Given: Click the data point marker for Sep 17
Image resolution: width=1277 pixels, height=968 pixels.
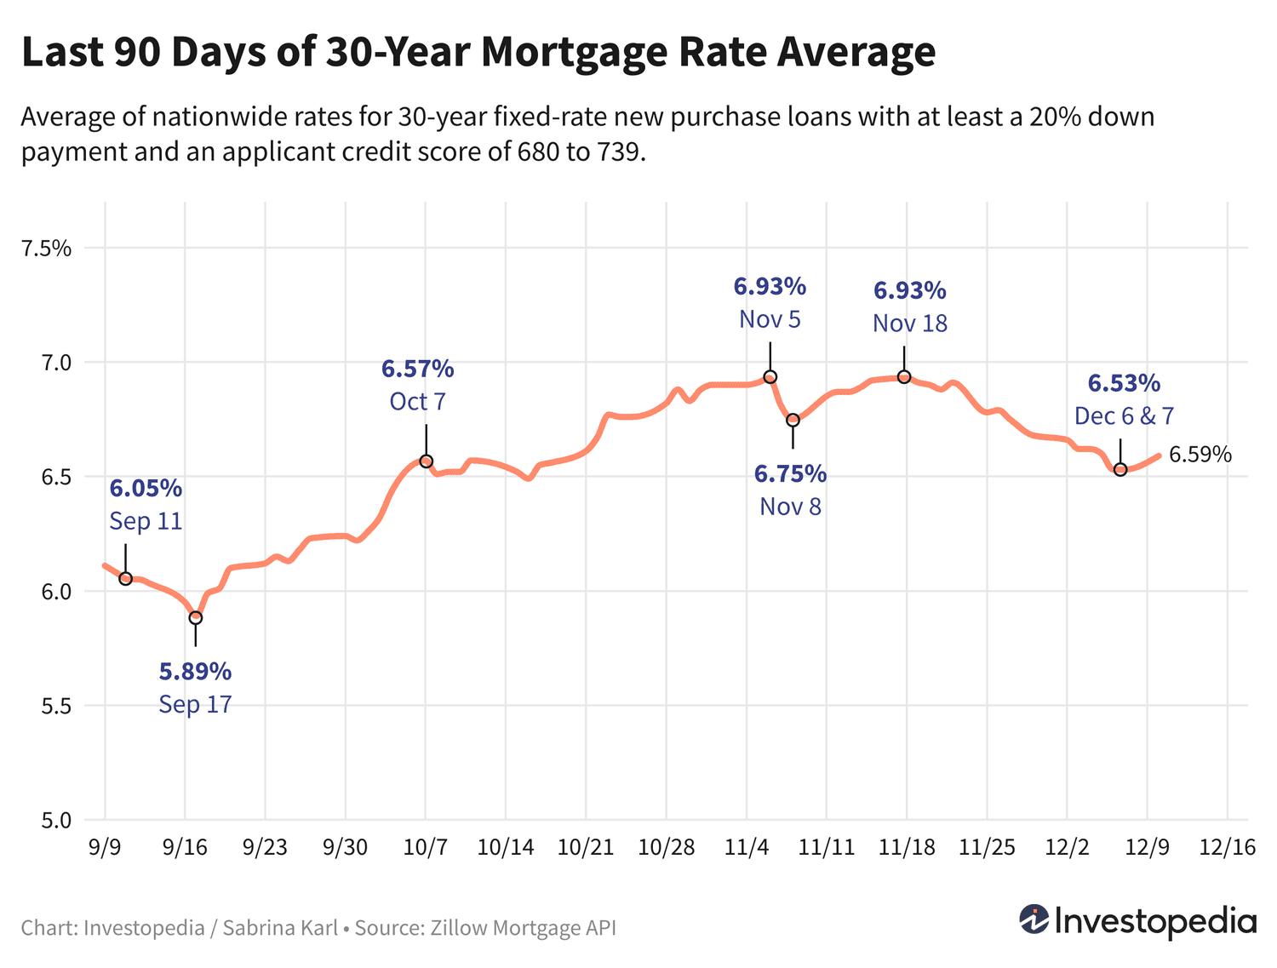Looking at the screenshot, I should click(196, 617).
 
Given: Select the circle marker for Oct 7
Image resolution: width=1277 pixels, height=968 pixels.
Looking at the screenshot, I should click(427, 461).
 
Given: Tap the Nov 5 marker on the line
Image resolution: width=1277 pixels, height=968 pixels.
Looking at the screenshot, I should click(770, 377).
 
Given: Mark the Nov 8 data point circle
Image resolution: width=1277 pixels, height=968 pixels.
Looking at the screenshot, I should click(793, 420).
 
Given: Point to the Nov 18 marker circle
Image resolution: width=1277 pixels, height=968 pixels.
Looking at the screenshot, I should click(905, 377).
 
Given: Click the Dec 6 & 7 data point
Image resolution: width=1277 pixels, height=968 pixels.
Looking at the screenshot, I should click(1120, 469).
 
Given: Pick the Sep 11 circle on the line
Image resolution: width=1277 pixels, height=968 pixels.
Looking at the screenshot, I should click(126, 579).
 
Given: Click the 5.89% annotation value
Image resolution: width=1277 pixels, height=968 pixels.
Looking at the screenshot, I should click(195, 672).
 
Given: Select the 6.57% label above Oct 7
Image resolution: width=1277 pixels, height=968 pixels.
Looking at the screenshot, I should click(417, 369).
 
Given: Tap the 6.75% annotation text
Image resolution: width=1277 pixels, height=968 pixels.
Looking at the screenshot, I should click(790, 473).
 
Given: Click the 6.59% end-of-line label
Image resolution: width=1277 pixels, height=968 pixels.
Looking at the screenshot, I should click(1200, 455).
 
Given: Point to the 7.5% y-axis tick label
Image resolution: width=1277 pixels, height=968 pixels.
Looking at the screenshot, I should click(46, 249).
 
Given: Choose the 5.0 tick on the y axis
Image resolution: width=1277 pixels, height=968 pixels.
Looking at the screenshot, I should click(56, 820).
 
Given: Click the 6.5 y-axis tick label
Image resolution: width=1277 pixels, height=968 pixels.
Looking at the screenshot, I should click(56, 477).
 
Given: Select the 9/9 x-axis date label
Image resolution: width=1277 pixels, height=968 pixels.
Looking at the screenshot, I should click(104, 847).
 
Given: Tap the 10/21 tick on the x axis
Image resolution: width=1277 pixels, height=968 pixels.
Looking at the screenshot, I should click(586, 847).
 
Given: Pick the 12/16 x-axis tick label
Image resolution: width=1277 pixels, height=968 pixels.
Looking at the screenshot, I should click(1227, 847).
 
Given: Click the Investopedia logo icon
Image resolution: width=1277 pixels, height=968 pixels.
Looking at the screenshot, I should click(1034, 919).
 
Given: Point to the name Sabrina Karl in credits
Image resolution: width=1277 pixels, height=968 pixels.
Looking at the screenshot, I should click(280, 927).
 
